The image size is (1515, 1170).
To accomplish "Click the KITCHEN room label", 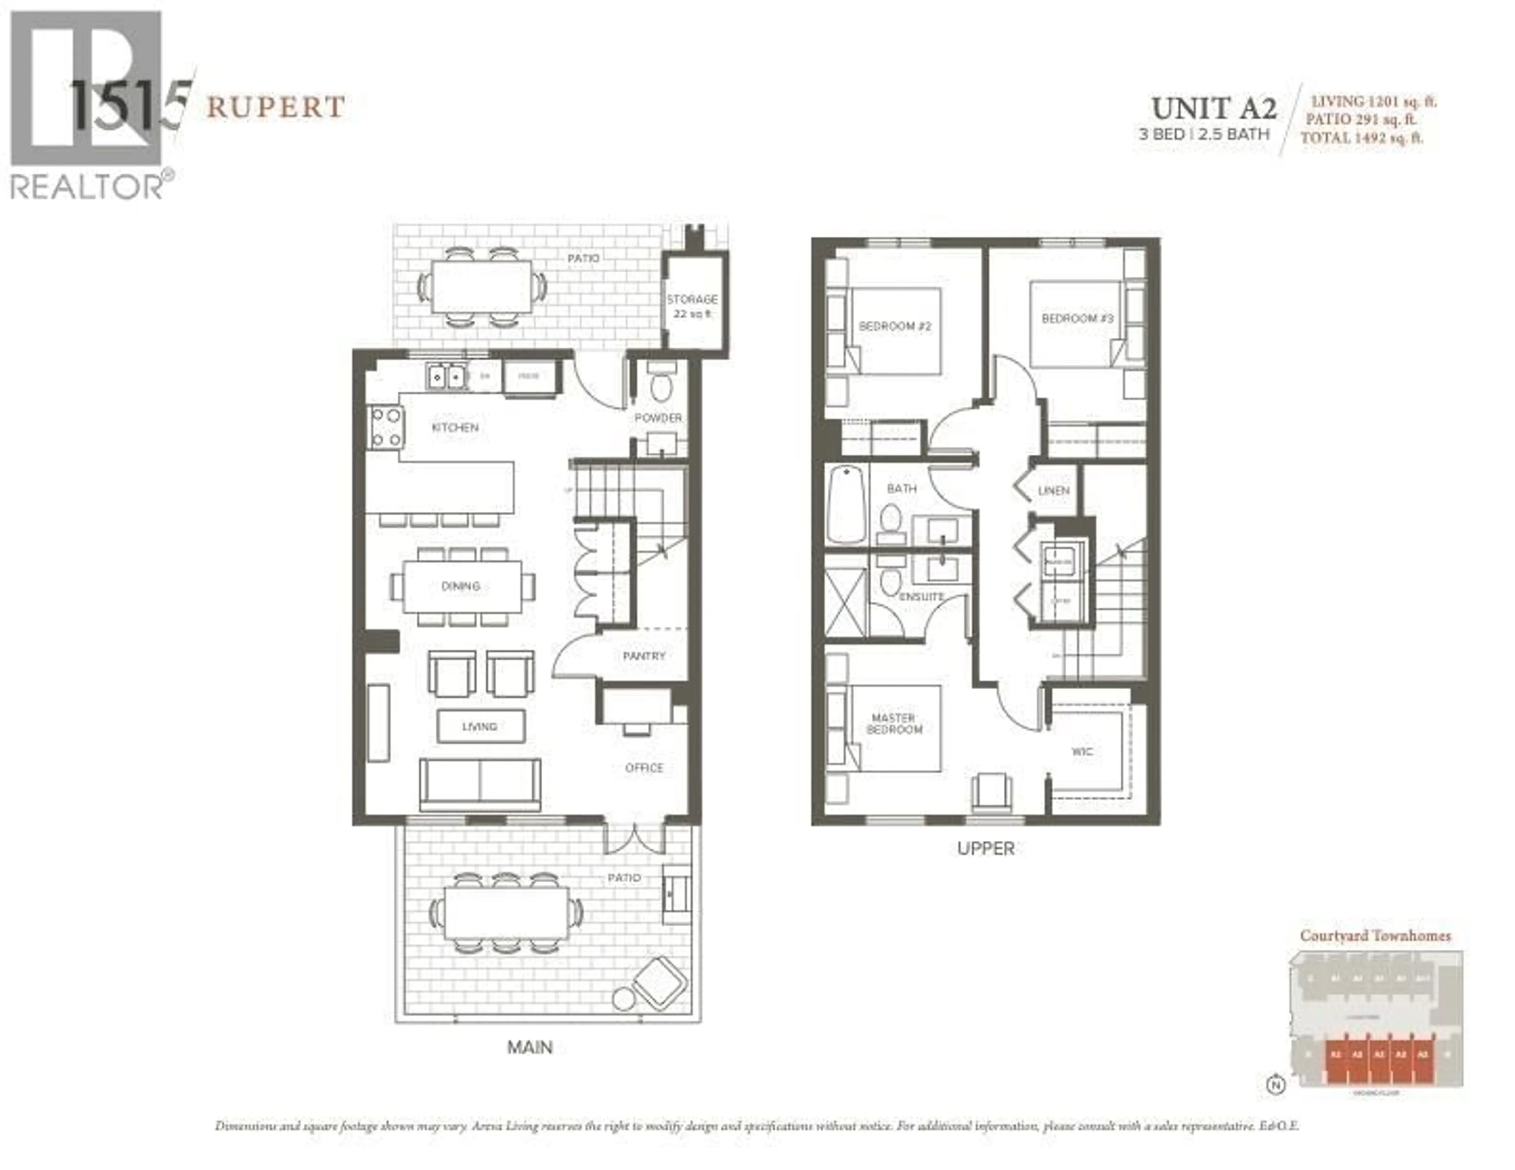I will coord(455,427).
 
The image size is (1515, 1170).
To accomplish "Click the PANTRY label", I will coord(644,655).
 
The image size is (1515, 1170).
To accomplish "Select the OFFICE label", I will coord(644,768).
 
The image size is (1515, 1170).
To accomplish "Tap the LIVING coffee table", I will coord(480,726).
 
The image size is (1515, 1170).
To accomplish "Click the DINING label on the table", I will coord(460,586).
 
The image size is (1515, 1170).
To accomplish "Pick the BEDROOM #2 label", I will coord(894,326).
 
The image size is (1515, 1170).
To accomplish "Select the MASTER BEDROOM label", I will coord(894,723).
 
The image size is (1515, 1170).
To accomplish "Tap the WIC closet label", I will coord(1082,751).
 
